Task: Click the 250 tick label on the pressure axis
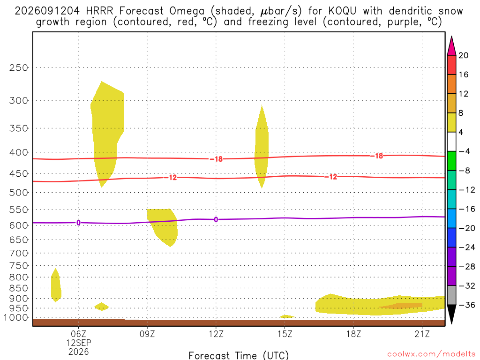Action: coord(19,67)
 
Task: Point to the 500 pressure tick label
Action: coord(19,193)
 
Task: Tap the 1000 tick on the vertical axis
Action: coord(16,318)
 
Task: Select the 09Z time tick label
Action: coord(147,334)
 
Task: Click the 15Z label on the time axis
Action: coord(285,334)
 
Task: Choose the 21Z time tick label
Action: coord(422,334)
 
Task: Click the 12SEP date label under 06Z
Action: coord(79,343)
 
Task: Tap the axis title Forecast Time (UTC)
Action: coord(239,355)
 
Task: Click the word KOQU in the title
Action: coord(342,11)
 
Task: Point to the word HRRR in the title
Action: coord(99,11)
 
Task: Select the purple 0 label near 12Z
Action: coord(216,219)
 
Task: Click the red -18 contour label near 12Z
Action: coord(217,159)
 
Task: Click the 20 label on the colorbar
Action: coord(464,55)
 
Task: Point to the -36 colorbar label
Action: coord(467,305)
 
